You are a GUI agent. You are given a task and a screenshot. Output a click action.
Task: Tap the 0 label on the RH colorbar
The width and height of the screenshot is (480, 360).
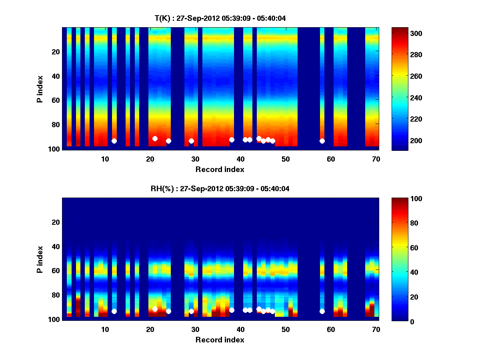[399, 321]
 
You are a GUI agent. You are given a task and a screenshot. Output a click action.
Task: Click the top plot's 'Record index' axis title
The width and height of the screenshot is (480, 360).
[220, 169]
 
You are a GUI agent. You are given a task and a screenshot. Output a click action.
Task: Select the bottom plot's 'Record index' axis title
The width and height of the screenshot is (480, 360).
[220, 340]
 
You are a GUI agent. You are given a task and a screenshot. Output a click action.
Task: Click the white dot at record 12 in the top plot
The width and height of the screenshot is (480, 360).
[114, 141]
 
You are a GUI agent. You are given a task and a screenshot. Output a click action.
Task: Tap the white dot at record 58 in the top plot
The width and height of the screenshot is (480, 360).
[322, 141]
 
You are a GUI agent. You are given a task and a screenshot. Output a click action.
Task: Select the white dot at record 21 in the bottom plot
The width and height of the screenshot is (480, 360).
[155, 309]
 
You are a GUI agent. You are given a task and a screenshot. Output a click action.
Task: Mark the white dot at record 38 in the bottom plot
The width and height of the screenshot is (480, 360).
[232, 310]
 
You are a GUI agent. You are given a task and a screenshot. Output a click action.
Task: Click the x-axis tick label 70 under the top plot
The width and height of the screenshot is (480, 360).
[376, 159]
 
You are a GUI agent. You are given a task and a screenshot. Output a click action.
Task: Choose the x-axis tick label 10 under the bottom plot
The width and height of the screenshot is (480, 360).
[105, 329]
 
